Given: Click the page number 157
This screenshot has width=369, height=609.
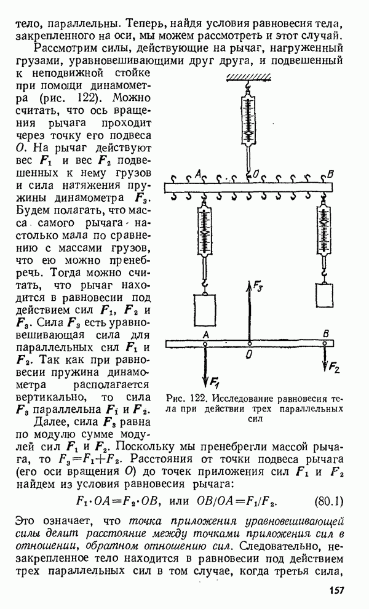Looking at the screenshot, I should click(332, 591).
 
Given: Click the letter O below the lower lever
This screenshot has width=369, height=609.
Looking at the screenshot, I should click(248, 355).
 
